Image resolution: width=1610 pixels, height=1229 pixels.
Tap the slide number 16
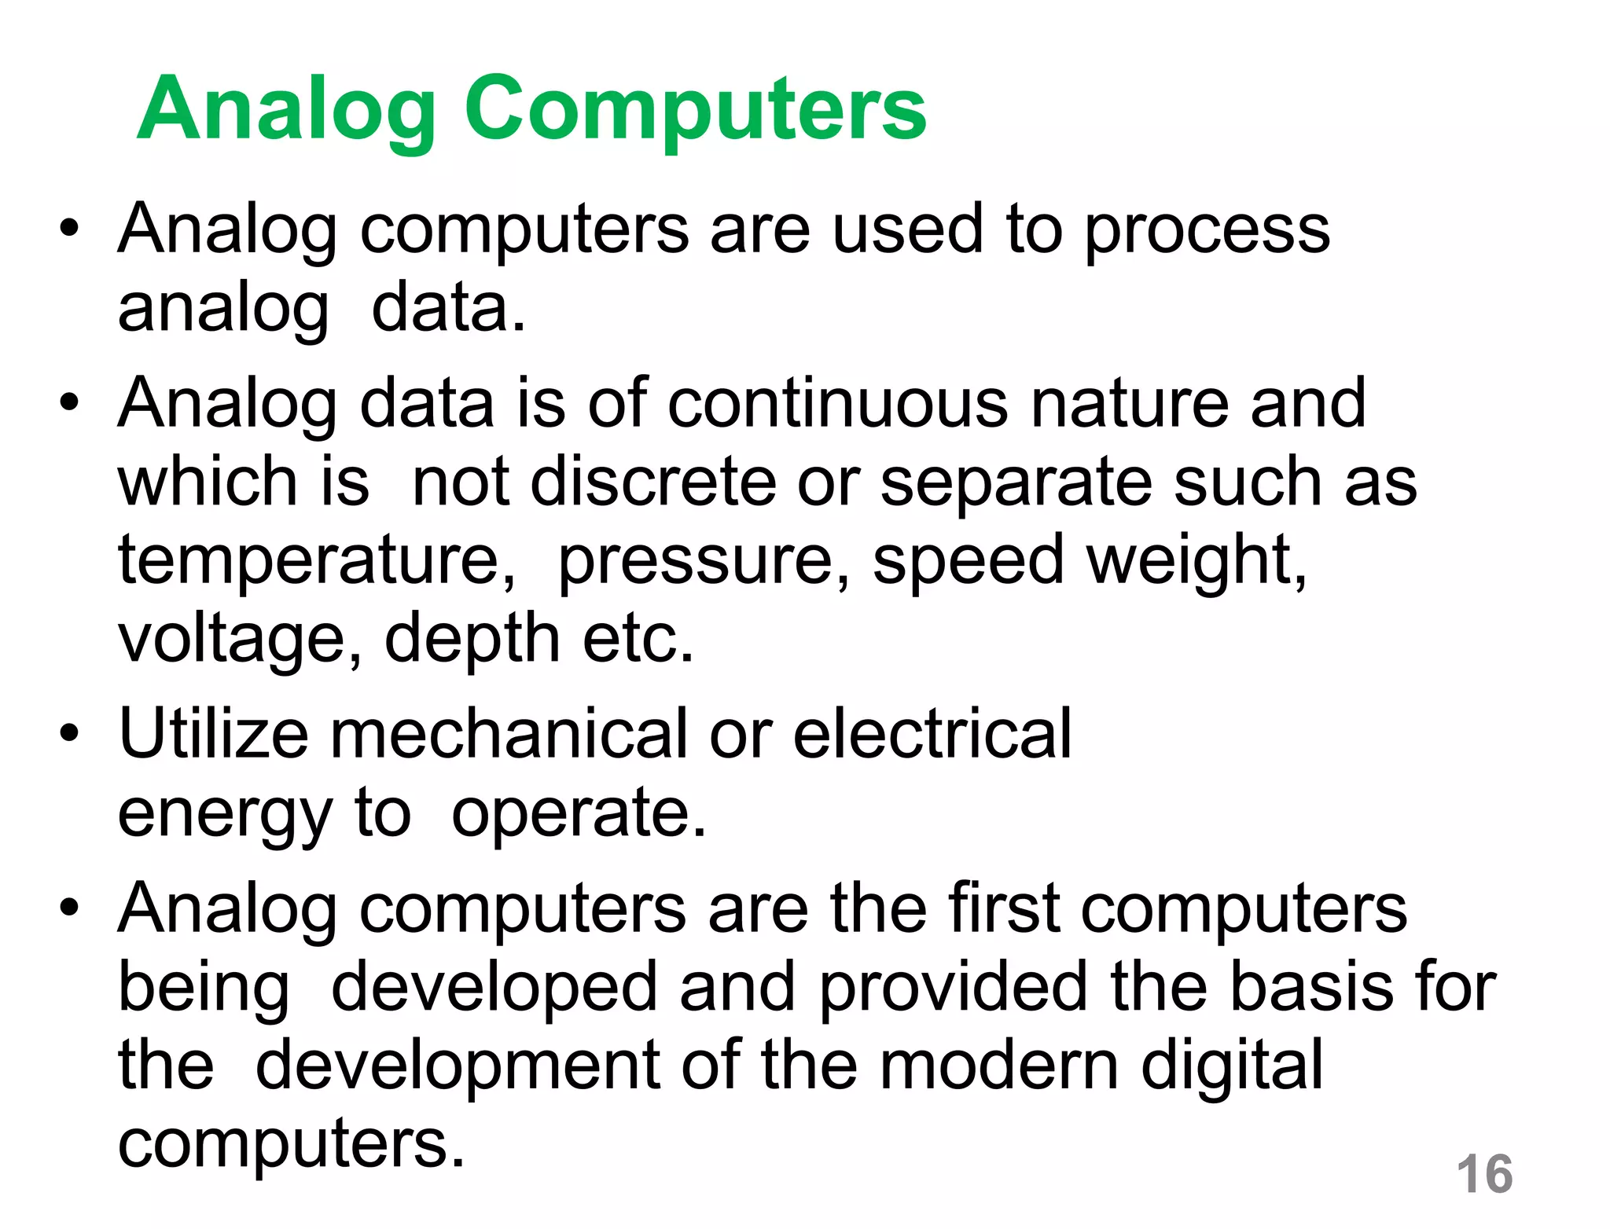(1484, 1174)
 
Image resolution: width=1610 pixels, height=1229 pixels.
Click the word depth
(472, 638)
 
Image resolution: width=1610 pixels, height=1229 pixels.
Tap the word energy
(225, 814)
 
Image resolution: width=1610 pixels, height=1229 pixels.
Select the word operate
(579, 814)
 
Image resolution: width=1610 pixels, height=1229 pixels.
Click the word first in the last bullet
(1003, 908)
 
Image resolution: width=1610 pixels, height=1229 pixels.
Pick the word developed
(494, 989)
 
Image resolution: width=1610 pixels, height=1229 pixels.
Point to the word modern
(998, 1066)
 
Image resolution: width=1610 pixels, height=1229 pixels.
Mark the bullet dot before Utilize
(69, 734)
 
